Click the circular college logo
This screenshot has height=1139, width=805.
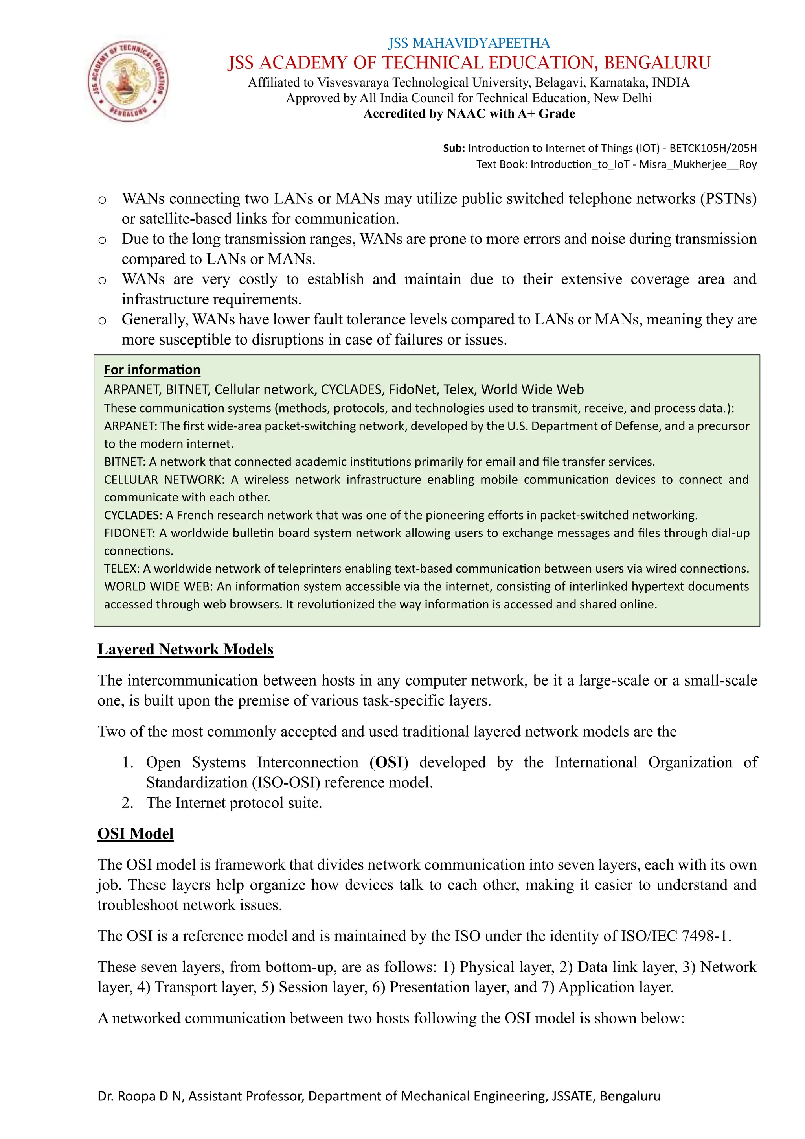pos(128,81)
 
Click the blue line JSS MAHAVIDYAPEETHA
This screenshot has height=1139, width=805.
pos(469,43)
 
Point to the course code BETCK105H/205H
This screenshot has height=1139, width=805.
pos(713,148)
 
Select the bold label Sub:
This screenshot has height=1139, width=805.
pos(454,148)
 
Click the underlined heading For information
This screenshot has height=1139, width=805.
pos(152,370)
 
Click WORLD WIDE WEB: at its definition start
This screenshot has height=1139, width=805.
pos(158,586)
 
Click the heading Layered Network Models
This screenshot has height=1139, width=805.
pos(186,649)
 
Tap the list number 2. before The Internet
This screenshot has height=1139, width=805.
pos(127,803)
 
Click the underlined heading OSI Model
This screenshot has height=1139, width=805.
pos(135,833)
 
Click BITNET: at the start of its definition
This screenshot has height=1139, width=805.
pos(125,461)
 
